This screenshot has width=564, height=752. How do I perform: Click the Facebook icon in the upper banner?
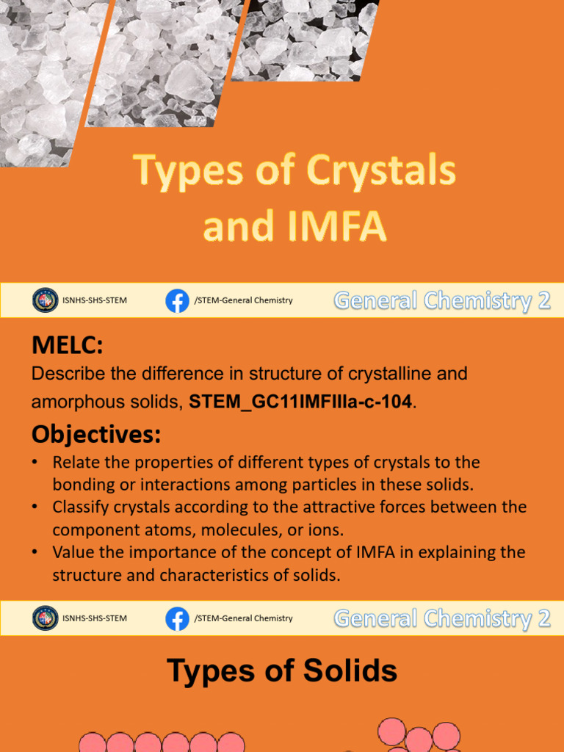[x=177, y=300]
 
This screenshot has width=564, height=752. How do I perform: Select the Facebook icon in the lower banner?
[x=177, y=618]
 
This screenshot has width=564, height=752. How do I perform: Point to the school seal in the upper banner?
[x=45, y=300]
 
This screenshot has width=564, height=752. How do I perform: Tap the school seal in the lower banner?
[x=45, y=618]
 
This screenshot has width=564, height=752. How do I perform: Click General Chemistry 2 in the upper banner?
[x=442, y=300]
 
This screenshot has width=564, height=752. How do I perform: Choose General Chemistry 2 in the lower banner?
[x=442, y=618]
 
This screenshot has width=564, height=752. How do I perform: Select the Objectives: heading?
[x=95, y=434]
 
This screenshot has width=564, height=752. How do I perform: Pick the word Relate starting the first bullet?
[x=76, y=463]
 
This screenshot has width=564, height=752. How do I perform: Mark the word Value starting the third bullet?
[x=73, y=552]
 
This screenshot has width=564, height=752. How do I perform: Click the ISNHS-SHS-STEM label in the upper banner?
[x=94, y=300]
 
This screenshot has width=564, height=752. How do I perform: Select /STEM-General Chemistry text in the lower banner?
[x=243, y=618]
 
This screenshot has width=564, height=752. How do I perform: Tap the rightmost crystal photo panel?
[x=308, y=37]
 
